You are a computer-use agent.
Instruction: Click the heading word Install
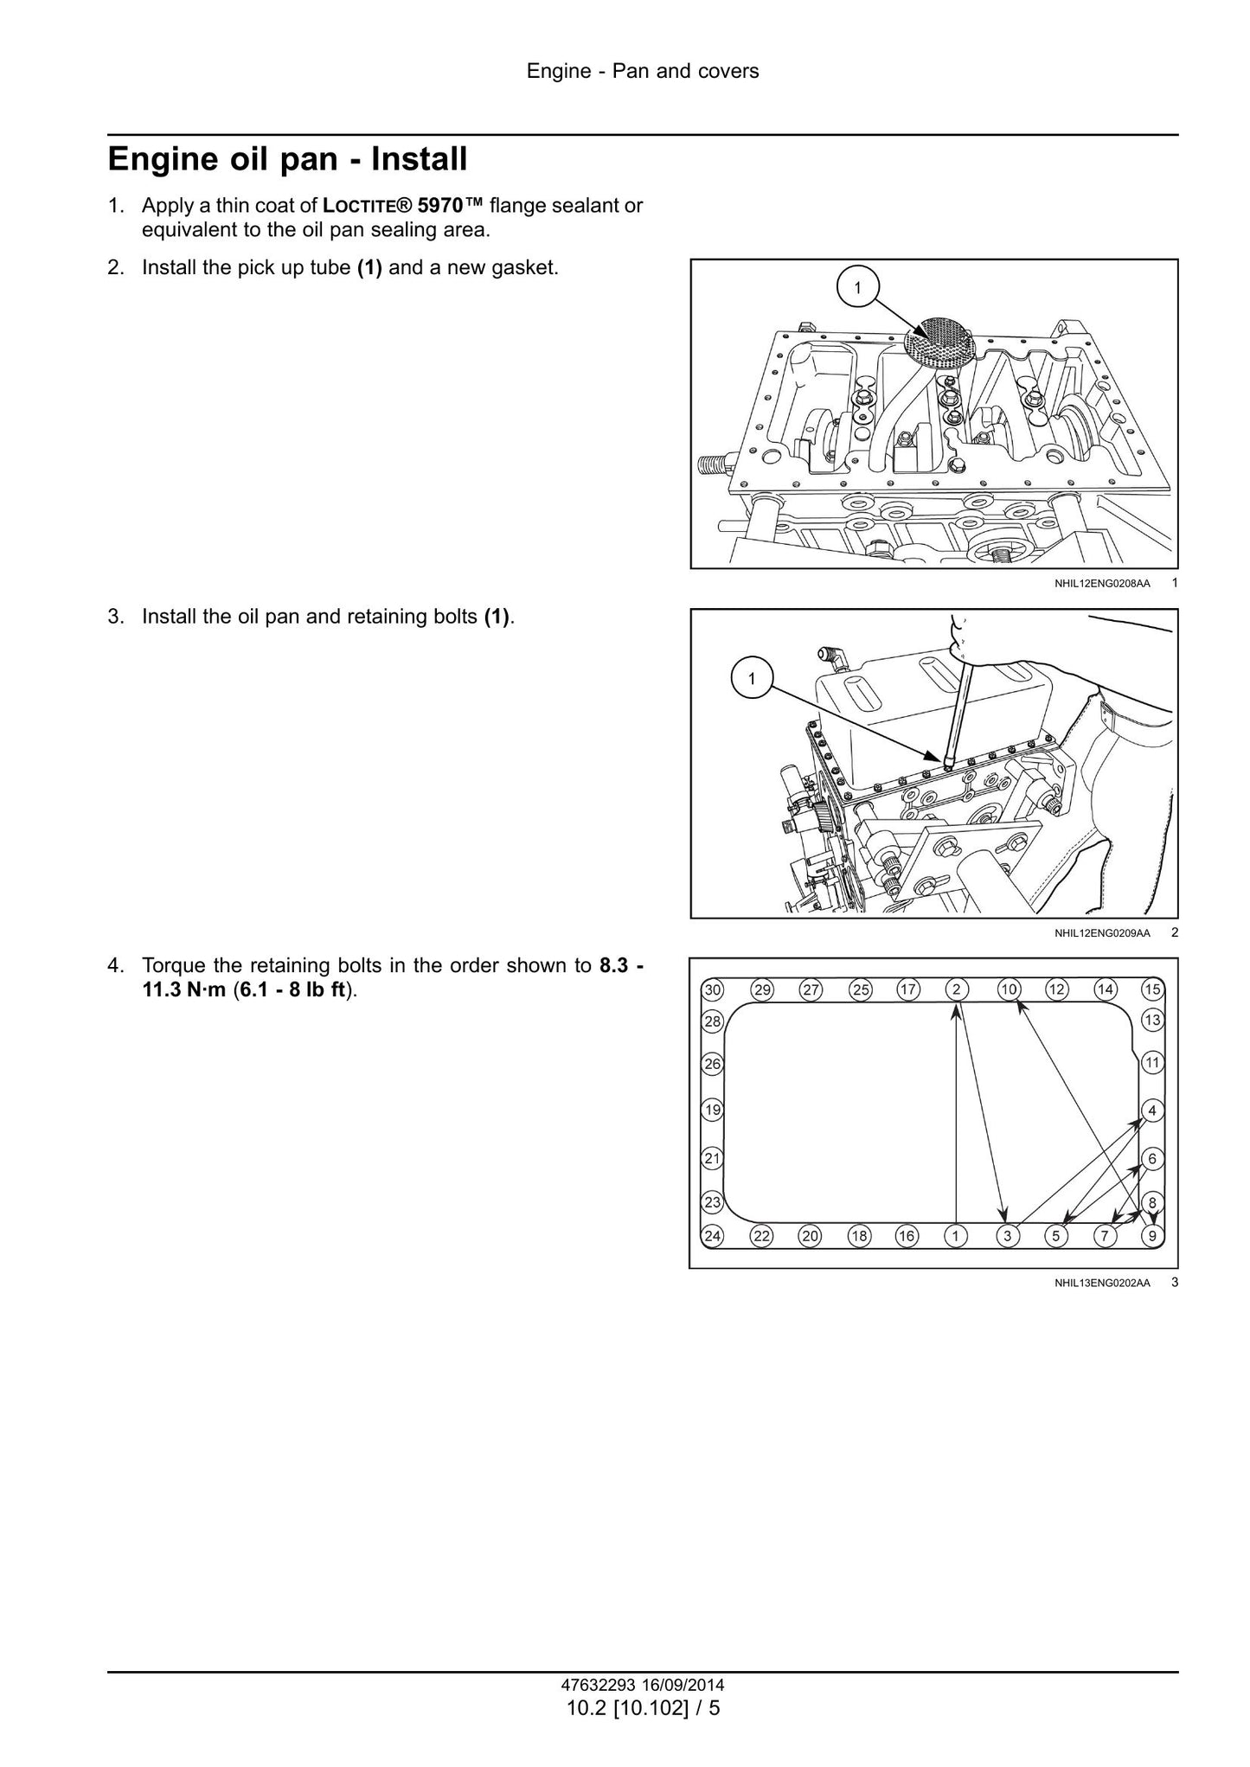[419, 160]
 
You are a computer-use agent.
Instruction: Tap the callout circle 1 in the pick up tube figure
[857, 288]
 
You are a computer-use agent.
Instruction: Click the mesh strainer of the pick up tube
[940, 340]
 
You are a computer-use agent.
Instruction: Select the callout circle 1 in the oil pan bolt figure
[751, 679]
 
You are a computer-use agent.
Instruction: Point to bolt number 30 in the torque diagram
[712, 990]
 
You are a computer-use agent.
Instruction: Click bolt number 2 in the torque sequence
[956, 989]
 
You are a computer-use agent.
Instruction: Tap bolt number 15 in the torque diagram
[1152, 989]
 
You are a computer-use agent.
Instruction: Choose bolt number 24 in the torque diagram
[712, 1236]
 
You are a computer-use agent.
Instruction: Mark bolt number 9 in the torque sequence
[1152, 1236]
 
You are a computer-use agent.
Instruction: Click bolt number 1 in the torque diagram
[955, 1236]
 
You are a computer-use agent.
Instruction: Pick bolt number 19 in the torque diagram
[712, 1110]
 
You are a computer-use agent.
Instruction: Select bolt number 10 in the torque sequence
[1009, 989]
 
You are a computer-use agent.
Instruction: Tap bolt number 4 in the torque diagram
[1152, 1110]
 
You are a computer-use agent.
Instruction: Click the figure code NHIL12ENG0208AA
[1102, 584]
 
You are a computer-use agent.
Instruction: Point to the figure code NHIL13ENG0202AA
[1102, 1284]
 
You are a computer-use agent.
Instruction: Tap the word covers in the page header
[728, 71]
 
